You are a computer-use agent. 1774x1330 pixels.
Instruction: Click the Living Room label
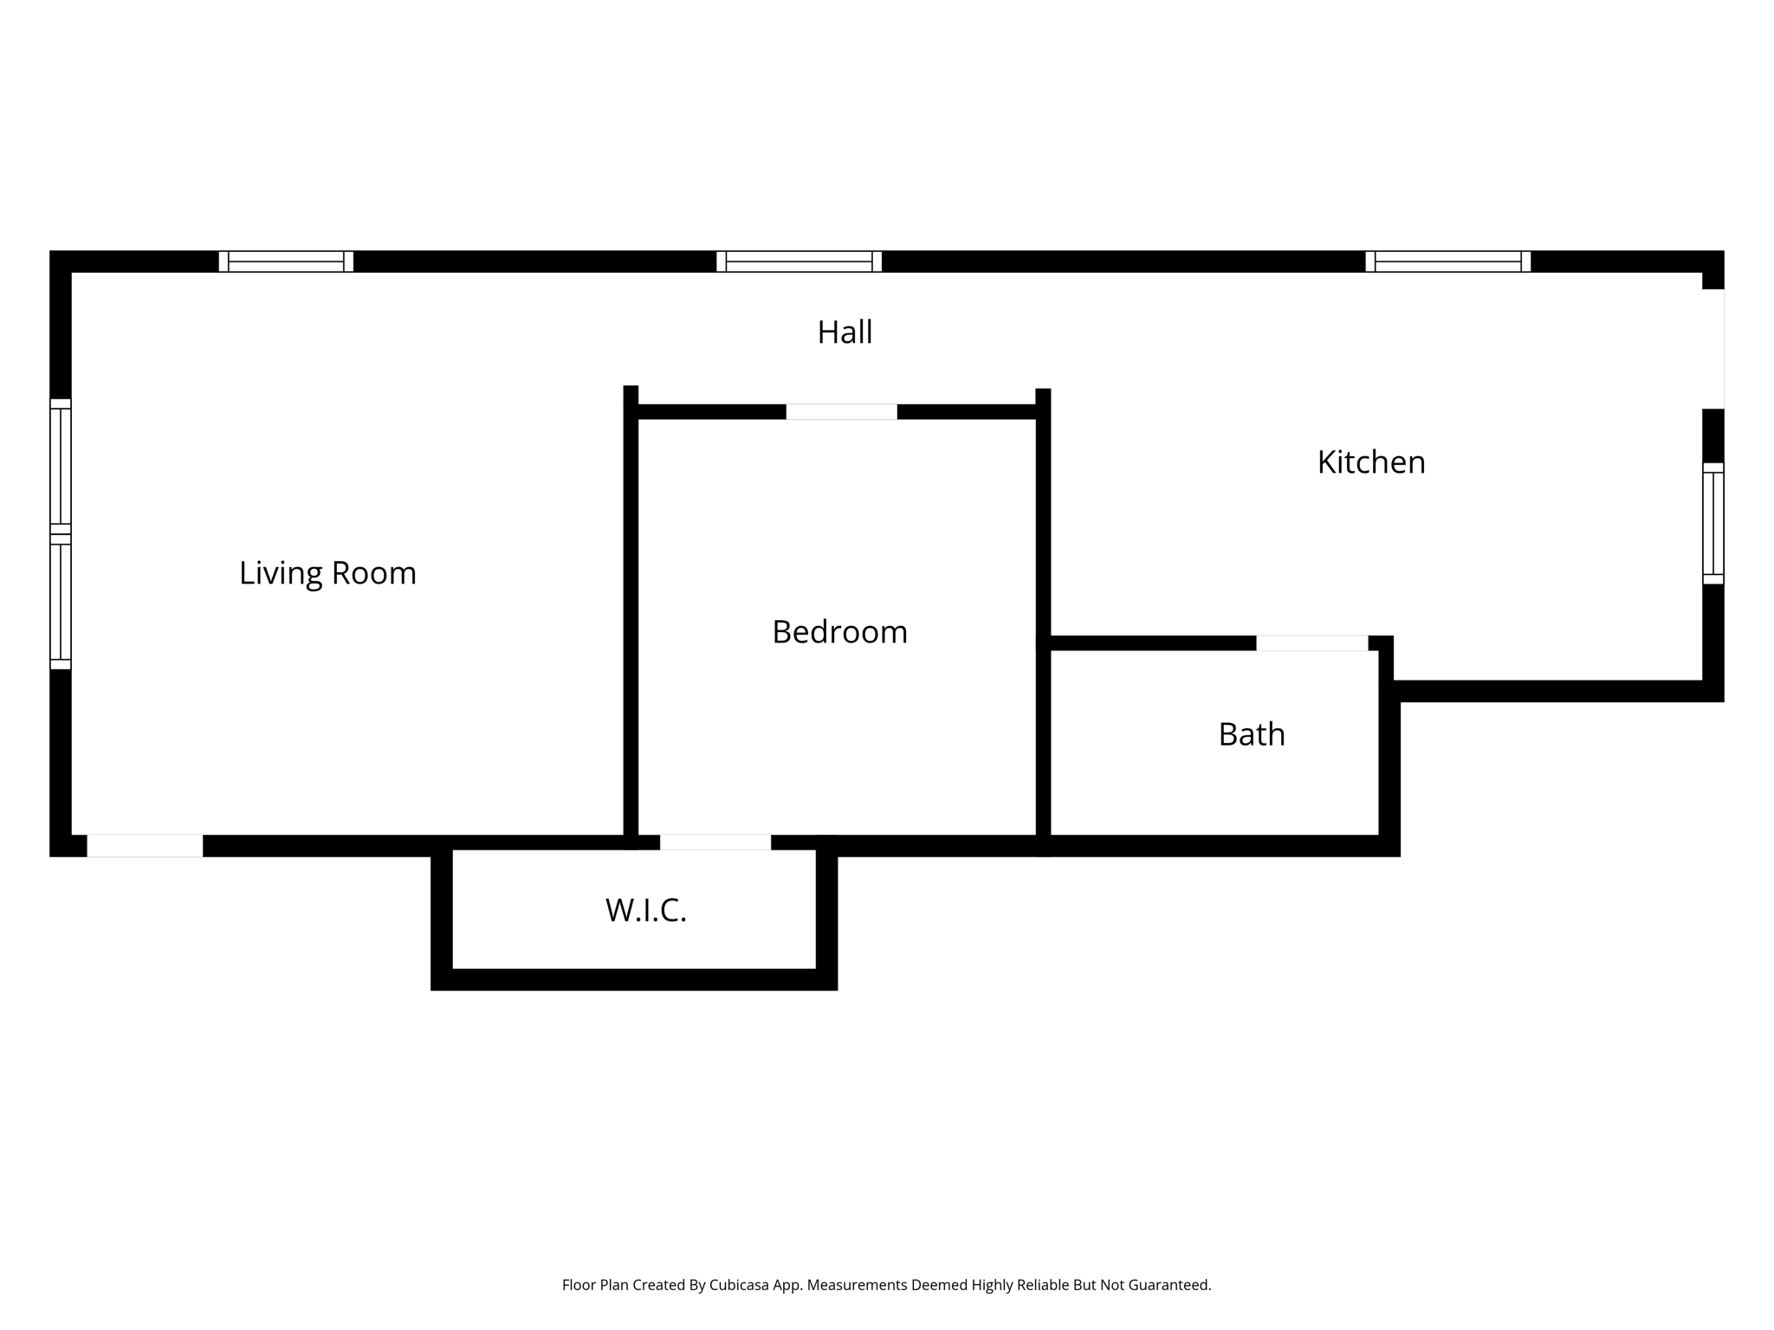click(327, 573)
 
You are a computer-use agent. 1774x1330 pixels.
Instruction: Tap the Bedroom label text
click(839, 632)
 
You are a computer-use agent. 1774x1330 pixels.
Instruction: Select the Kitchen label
click(1370, 462)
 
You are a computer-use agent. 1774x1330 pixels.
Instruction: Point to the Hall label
click(845, 332)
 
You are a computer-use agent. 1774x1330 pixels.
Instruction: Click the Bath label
click(1251, 734)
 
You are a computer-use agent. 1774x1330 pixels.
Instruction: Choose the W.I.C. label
click(645, 910)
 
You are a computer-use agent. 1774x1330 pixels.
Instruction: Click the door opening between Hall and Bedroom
click(841, 412)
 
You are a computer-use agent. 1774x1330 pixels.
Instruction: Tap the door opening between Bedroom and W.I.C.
click(715, 843)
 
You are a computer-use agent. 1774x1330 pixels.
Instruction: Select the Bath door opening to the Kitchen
click(1311, 643)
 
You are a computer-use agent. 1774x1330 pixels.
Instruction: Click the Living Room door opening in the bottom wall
click(145, 846)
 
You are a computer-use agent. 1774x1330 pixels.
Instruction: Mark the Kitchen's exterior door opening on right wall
click(1712, 348)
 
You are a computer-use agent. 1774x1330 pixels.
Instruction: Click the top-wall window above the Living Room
click(286, 261)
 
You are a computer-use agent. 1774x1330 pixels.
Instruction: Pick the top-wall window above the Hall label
click(799, 261)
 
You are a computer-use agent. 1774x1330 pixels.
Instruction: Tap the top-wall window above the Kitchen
click(1447, 261)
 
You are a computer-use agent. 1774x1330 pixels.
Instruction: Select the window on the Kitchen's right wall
click(1712, 523)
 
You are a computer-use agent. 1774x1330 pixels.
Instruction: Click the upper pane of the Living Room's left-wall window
click(60, 466)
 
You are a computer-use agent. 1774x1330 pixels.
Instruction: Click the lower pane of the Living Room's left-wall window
click(60, 603)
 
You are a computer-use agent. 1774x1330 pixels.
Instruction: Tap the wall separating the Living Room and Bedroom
click(631, 623)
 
